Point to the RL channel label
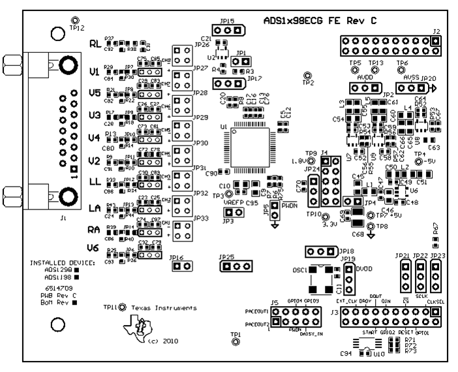95,44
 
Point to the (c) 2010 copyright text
162,341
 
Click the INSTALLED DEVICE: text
63,262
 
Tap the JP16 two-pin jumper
181,266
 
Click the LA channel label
95,208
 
